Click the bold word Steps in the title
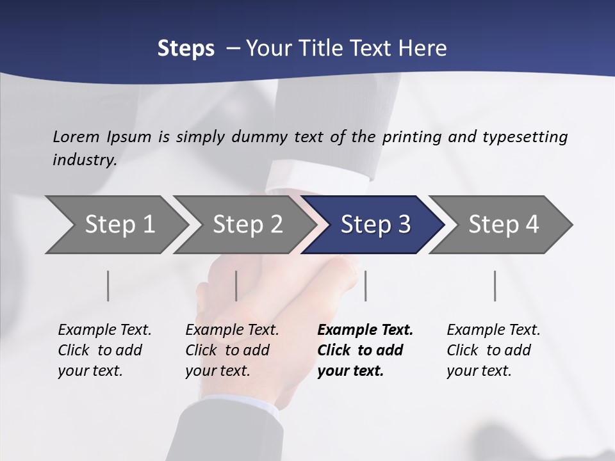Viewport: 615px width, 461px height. [x=186, y=49]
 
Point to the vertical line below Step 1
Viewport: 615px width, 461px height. [x=108, y=286]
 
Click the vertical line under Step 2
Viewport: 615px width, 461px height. [x=236, y=286]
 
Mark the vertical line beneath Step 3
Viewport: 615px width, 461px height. [x=365, y=286]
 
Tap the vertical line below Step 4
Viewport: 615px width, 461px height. [x=495, y=286]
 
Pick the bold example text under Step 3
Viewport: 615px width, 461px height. [x=365, y=350]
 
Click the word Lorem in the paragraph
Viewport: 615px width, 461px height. [x=76, y=137]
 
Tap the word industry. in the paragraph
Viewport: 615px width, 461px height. [x=85, y=160]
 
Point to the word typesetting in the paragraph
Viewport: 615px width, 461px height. [x=525, y=137]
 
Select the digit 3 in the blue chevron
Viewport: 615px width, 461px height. [x=404, y=225]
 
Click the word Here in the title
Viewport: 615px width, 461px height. [x=422, y=49]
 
